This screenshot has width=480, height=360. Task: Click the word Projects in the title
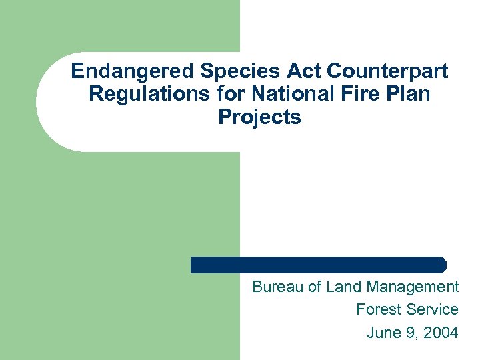[x=259, y=118]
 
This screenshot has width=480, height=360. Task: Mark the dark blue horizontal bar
[x=318, y=265]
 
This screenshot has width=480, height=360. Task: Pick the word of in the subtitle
[x=315, y=287]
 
